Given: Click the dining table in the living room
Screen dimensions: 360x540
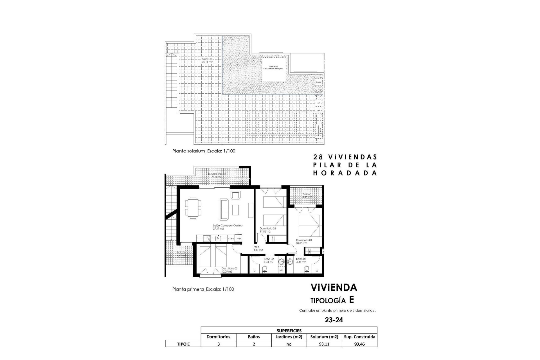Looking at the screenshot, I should (193, 208).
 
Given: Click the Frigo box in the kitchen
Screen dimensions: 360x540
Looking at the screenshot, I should (239, 238).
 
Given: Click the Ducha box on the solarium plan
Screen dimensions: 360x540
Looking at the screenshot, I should (318, 82).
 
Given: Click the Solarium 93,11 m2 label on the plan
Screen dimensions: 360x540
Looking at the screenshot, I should (206, 60).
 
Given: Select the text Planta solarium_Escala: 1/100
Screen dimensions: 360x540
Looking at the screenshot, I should (204, 151).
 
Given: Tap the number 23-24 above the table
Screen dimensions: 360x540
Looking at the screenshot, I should (334, 320).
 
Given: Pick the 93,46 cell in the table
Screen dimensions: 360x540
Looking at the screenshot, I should (359, 344).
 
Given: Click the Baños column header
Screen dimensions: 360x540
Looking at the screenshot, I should (254, 337).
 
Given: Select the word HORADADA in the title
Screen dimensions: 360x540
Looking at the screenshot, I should (345, 173).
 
